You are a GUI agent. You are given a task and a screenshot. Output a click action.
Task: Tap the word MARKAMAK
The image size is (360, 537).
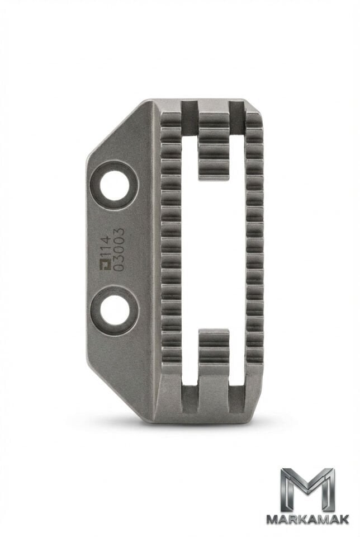307,519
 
